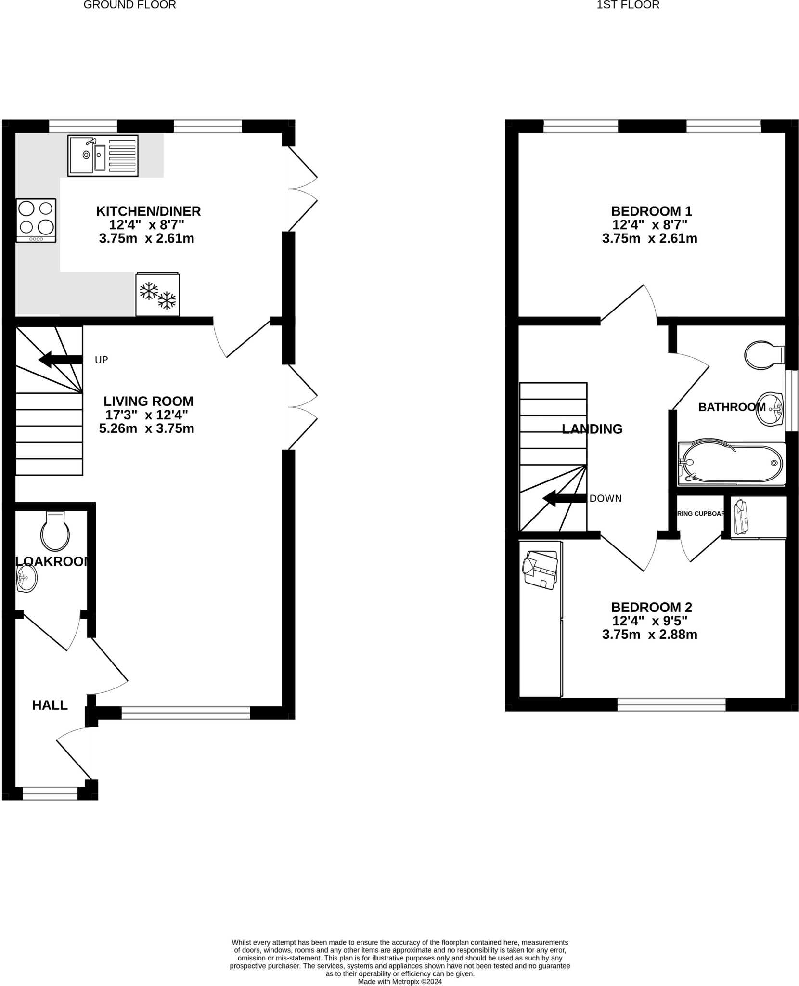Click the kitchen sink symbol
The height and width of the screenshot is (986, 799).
click(103, 156)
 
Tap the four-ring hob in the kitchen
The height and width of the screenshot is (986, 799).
click(36, 220)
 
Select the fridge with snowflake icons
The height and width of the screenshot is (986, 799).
click(157, 294)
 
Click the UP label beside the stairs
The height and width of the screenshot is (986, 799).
click(101, 360)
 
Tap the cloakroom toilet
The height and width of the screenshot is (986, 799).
click(55, 532)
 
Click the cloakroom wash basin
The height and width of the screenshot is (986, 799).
click(27, 578)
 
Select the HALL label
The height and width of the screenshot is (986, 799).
click(50, 705)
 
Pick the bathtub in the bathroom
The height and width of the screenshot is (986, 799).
click(731, 463)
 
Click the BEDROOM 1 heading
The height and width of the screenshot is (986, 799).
click(651, 211)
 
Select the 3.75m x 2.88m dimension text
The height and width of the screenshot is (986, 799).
click(649, 635)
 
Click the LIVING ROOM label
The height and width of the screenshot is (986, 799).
click(148, 401)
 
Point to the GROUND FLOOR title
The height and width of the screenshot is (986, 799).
click(129, 5)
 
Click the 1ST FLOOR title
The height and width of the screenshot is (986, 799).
click(628, 5)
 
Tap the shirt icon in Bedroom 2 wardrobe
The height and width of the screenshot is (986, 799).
click(540, 569)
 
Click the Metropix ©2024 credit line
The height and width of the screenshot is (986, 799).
click(399, 981)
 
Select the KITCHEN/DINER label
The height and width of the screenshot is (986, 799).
click(148, 211)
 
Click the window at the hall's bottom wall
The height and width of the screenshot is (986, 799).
click(50, 793)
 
